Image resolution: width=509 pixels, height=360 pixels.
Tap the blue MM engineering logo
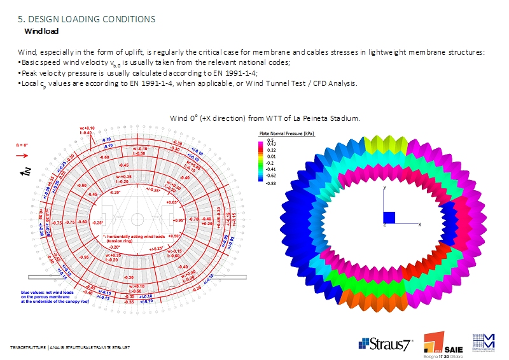(x=484, y=341)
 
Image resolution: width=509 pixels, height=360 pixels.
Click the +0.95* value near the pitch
(x=178, y=221)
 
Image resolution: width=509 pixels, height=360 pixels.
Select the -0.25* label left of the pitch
(x=97, y=223)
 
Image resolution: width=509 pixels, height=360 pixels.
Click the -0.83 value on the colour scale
(x=272, y=183)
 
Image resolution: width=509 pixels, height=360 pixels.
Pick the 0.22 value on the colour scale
(x=272, y=150)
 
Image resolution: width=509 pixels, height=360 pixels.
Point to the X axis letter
(x=419, y=225)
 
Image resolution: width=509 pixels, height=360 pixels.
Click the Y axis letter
(x=385, y=189)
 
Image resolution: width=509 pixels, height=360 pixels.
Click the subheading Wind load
(x=42, y=31)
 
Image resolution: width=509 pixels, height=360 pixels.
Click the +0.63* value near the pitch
(x=171, y=202)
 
